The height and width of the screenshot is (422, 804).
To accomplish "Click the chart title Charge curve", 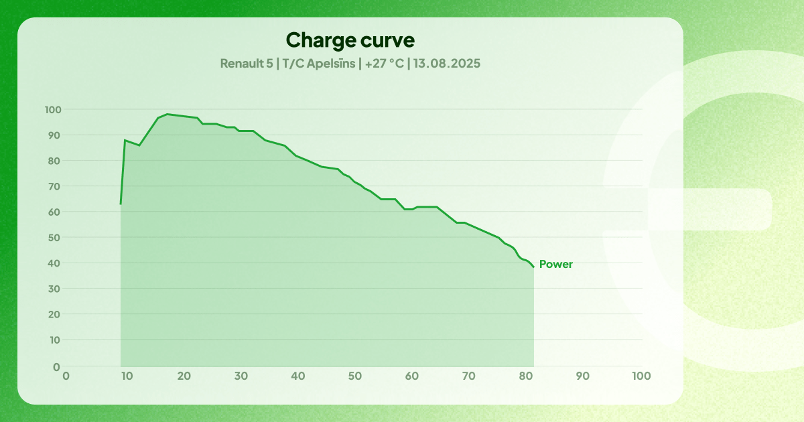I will [x=350, y=40].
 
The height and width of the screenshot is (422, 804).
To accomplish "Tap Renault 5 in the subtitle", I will [x=246, y=64].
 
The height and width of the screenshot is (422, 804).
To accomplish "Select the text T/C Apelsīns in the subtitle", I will [x=319, y=64].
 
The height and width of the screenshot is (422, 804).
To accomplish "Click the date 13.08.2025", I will [x=447, y=64].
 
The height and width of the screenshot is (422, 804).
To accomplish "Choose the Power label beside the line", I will [x=555, y=265].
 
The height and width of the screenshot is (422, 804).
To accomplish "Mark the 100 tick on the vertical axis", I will [x=53, y=110].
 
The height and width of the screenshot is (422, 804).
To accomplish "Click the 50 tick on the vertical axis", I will [x=55, y=238].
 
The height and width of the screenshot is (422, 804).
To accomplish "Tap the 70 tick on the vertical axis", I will [x=55, y=186].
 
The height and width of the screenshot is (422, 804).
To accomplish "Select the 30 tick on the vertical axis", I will [x=55, y=289].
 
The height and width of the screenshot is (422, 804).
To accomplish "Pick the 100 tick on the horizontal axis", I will [x=641, y=376].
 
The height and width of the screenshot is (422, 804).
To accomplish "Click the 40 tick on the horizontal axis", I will [x=298, y=376].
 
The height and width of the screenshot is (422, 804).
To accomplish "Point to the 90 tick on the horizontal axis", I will [x=584, y=376].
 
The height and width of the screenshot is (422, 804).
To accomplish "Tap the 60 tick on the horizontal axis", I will [x=413, y=376].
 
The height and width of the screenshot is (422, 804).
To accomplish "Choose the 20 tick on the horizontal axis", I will [x=184, y=376].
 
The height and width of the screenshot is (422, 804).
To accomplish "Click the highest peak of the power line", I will [x=167, y=114].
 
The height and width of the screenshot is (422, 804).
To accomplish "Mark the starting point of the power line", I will [x=121, y=204].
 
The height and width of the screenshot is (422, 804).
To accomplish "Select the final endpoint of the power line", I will [x=534, y=267].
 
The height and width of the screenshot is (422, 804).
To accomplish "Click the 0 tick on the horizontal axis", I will [x=66, y=376].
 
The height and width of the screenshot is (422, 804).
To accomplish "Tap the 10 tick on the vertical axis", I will [x=55, y=340].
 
